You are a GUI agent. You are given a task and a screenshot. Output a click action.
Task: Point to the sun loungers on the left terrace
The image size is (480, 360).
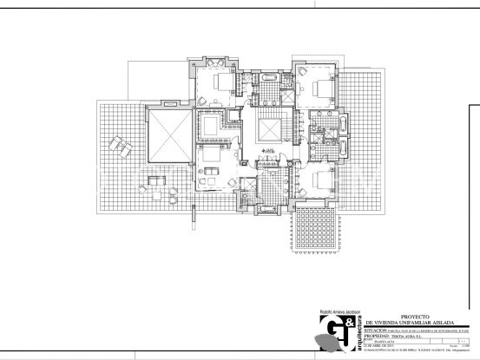point(122,149)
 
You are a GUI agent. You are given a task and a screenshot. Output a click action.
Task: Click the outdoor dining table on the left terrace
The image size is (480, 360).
point(156,180)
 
